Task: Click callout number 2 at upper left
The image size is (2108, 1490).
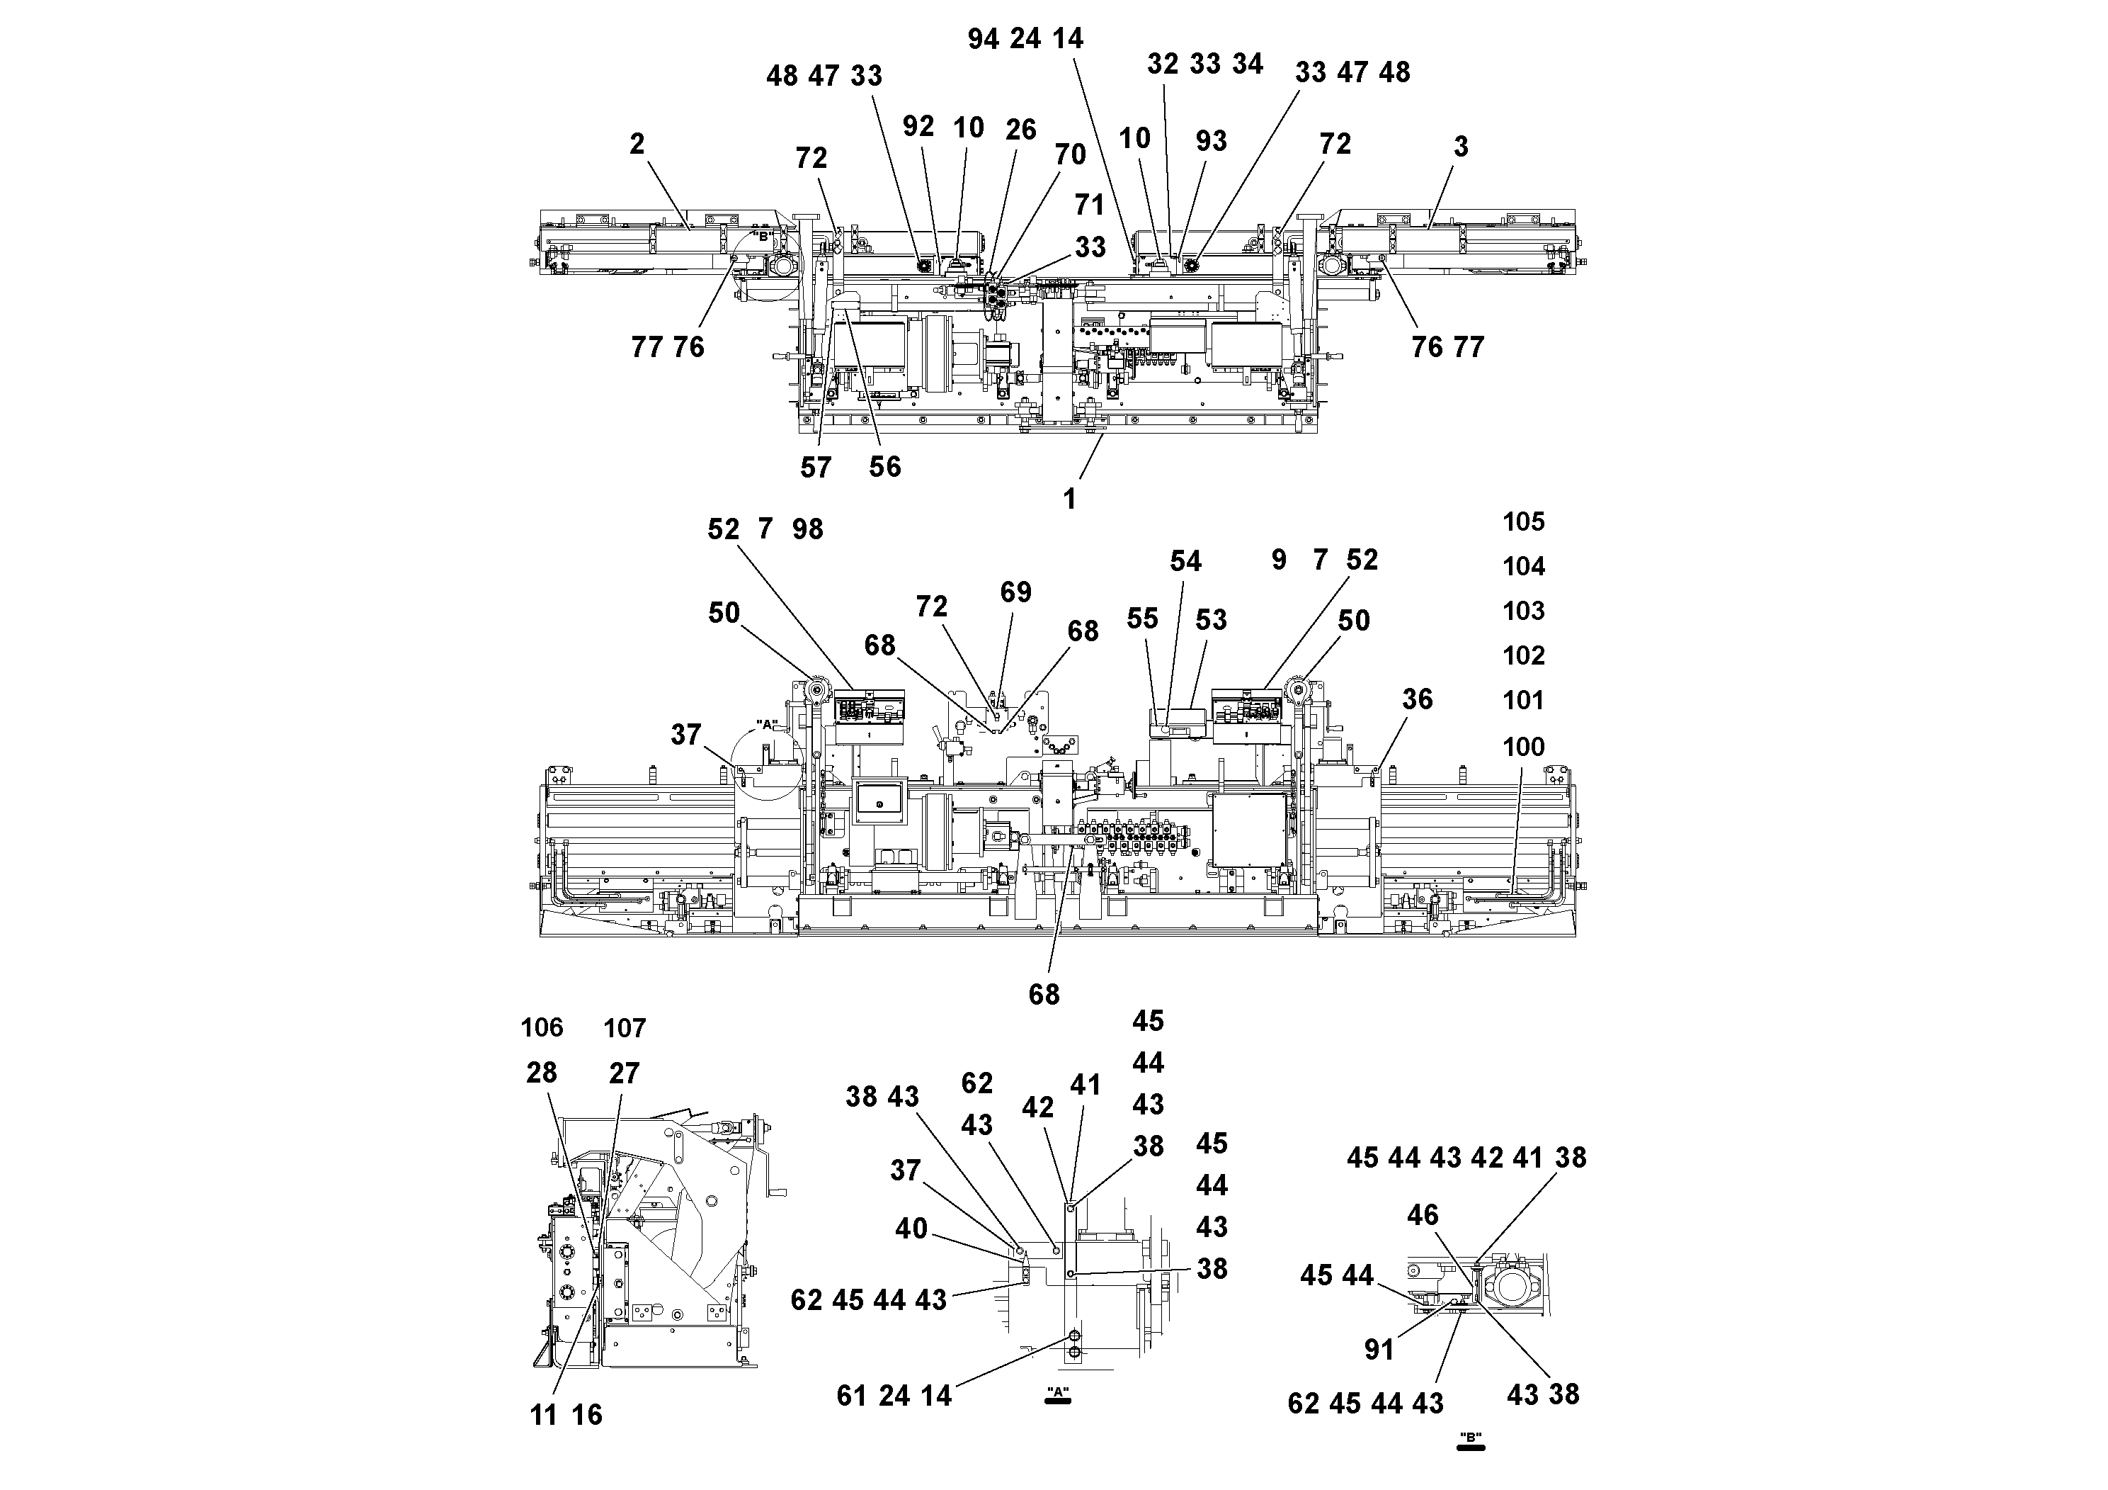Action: [x=637, y=145]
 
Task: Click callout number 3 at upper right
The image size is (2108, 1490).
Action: [x=1461, y=147]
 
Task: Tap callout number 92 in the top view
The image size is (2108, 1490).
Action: [x=918, y=128]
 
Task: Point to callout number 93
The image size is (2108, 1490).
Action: [x=1211, y=142]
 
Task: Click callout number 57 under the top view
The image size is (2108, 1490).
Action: [x=815, y=468]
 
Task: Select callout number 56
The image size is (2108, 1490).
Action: [x=885, y=467]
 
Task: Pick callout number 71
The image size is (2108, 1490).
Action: [x=1090, y=205]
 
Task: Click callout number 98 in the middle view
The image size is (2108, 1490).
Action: [x=808, y=530]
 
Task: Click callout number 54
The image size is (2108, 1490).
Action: [x=1185, y=562]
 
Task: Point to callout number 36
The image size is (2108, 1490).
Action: [x=1417, y=700]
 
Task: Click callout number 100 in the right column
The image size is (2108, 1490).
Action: [x=1523, y=747]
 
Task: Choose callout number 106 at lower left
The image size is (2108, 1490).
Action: [x=542, y=1028]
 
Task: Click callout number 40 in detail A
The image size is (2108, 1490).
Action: [x=911, y=1229]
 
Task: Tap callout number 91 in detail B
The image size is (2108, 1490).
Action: [x=1379, y=1350]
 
